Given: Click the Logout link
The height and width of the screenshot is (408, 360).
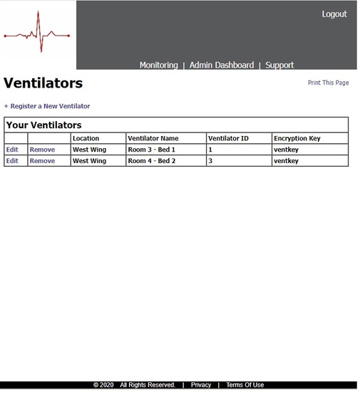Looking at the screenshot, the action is click(334, 14).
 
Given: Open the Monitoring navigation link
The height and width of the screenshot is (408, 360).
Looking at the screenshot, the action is click(158, 65).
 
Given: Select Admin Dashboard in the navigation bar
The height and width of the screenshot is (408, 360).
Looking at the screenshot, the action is click(221, 65).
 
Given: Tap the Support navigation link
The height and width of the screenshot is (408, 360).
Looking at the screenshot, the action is click(279, 65).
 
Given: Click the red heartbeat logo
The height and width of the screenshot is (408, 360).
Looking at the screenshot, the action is click(38, 35).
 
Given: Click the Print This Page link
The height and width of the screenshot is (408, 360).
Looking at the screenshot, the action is click(328, 83).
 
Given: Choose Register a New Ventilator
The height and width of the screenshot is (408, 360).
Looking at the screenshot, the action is click(49, 106).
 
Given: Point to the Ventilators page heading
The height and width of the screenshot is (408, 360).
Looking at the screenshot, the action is click(43, 83).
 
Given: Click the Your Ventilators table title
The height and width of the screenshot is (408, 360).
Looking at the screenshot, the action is click(44, 125).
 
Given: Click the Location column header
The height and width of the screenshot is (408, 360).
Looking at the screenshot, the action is click(86, 138).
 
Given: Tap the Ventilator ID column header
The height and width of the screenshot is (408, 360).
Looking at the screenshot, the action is click(228, 138).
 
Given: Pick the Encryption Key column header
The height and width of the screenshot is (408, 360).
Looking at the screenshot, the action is click(297, 138).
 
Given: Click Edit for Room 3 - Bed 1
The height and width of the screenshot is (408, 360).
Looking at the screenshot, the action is click(12, 150).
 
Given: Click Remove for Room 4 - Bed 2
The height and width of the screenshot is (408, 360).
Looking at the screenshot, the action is click(42, 161).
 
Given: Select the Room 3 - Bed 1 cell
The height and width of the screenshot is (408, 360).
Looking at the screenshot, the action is click(151, 150).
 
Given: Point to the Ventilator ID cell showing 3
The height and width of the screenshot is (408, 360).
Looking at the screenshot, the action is click(210, 161).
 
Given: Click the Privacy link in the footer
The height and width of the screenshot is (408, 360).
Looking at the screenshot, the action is click(201, 385).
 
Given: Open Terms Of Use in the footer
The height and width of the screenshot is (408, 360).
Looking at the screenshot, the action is click(245, 385).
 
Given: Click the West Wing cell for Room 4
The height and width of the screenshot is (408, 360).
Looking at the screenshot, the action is click(89, 161).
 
